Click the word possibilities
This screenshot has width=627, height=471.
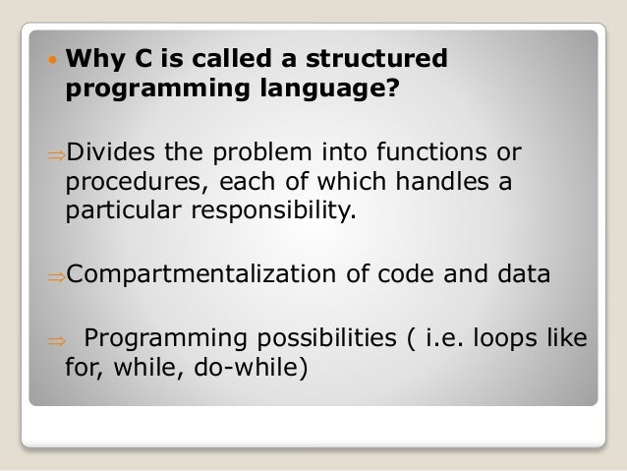click(319, 340)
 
